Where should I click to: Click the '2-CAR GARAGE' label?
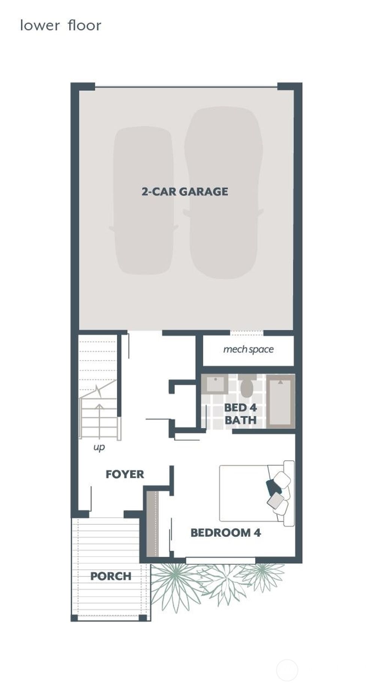185,191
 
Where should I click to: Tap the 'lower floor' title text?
60,25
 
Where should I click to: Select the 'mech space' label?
248,349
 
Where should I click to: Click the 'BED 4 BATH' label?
240,414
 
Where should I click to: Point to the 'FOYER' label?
125,474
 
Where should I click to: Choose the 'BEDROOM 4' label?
225,532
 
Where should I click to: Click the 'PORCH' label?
111,576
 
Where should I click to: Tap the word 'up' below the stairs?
99,447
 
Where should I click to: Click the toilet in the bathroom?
247,386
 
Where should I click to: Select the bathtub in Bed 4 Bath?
280,401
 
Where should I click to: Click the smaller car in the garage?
143,201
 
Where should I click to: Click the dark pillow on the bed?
273,487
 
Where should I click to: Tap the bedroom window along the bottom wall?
220,560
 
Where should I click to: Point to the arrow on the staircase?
99,408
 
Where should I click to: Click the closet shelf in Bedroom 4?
153,524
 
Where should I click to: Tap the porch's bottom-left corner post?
74,618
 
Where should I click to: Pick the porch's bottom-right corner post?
143,618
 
